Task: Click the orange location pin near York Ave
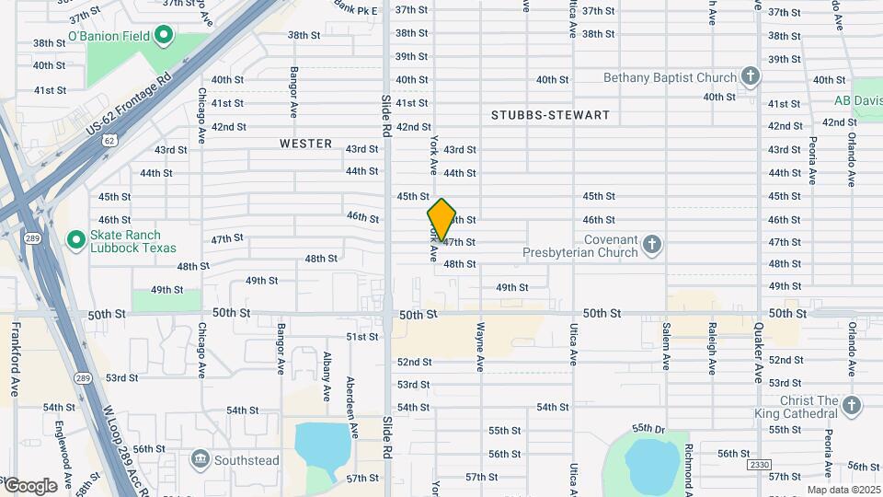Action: tap(441, 220)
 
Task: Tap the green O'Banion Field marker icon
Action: tap(164, 37)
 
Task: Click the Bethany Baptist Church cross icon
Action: tap(751, 77)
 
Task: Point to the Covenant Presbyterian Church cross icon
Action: tap(652, 245)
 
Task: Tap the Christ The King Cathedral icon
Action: tap(852, 406)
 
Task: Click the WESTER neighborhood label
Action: tap(305, 144)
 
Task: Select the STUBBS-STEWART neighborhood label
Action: tap(550, 115)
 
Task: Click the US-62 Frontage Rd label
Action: tap(130, 106)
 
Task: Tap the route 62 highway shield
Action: tap(109, 140)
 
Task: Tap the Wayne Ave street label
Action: tap(480, 346)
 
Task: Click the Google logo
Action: tap(29, 486)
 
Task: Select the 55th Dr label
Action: tap(648, 429)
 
